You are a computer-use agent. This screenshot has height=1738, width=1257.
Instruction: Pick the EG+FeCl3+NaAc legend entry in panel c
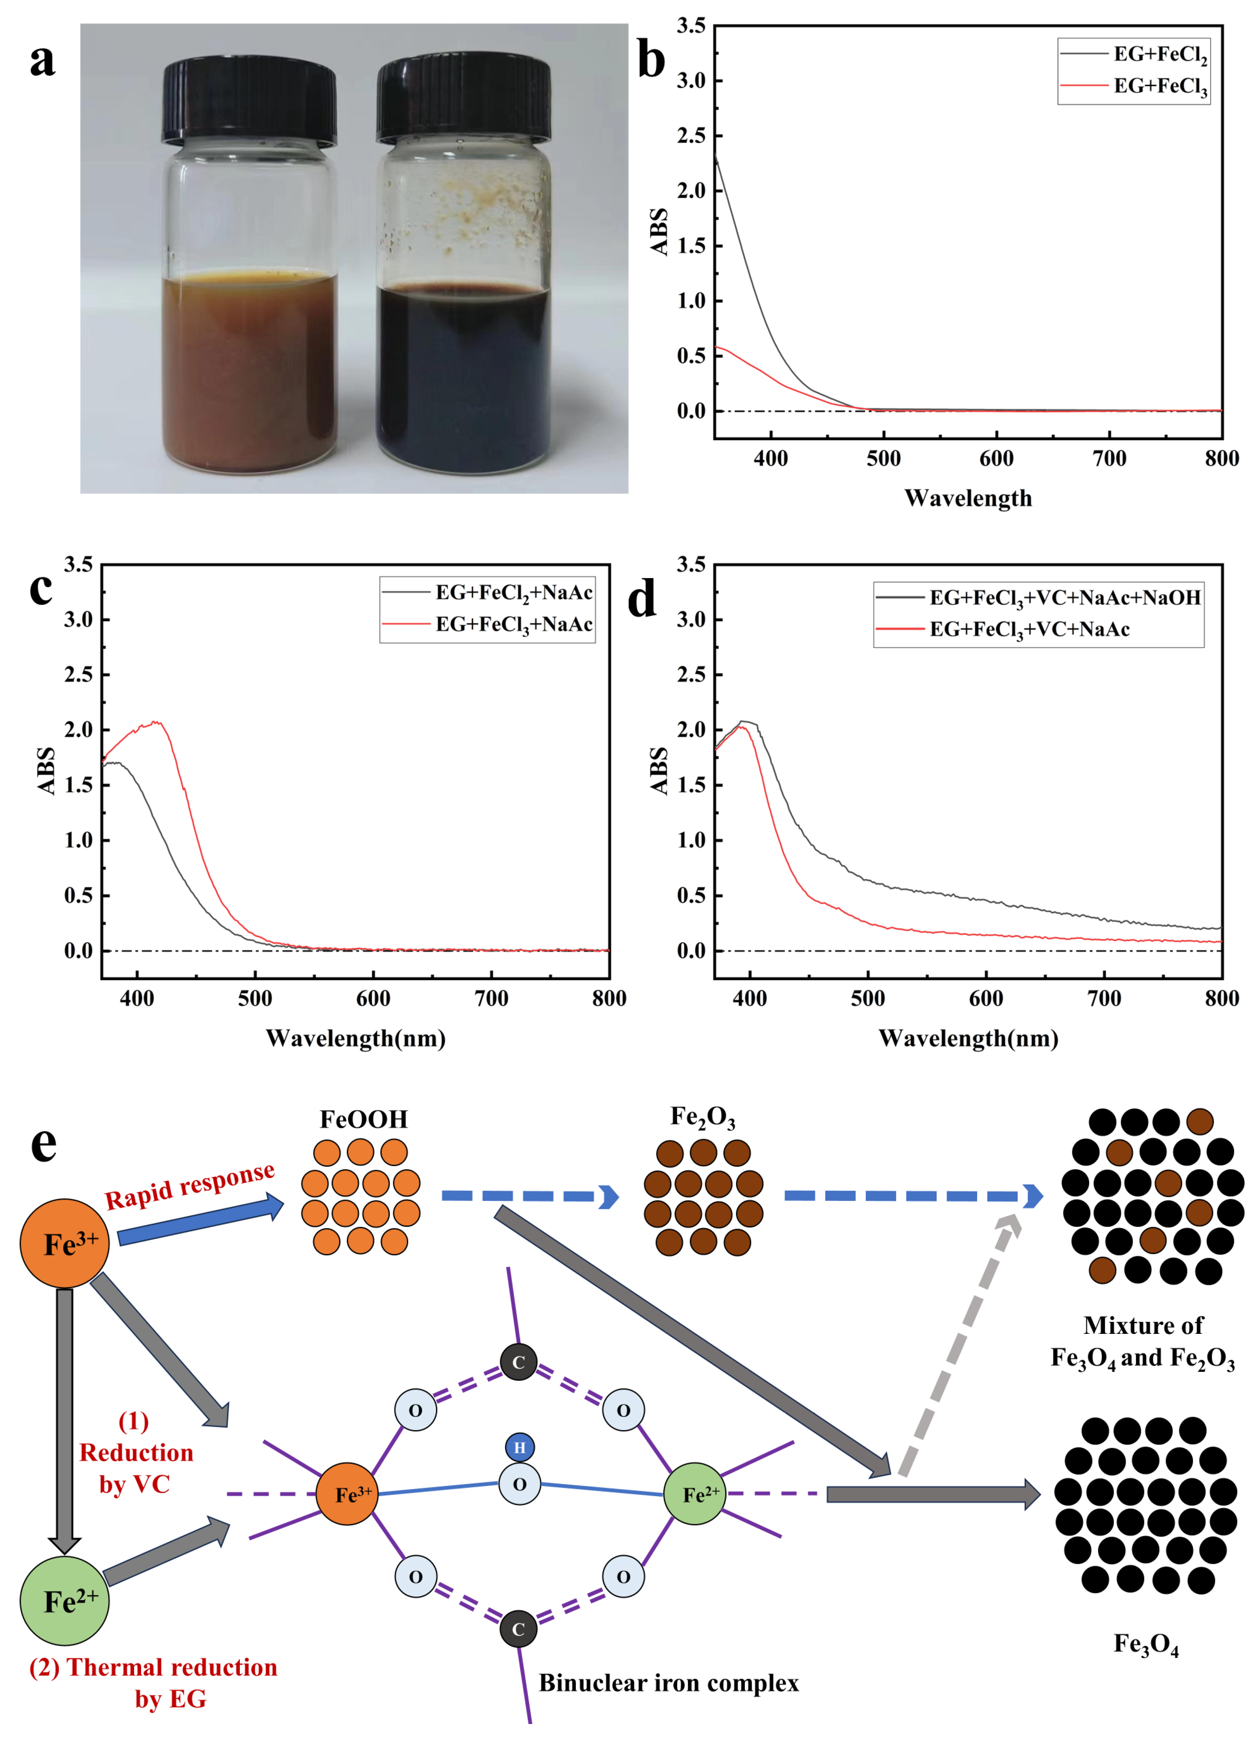click(x=513, y=624)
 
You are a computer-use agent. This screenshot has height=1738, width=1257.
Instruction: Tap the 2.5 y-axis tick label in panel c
click(x=78, y=675)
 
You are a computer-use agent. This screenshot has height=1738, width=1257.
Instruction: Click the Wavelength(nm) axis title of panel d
click(x=968, y=1038)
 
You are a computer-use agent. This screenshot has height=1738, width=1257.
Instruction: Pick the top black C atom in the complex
click(x=519, y=1362)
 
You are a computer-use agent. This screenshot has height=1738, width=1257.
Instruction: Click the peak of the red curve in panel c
click(x=156, y=722)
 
